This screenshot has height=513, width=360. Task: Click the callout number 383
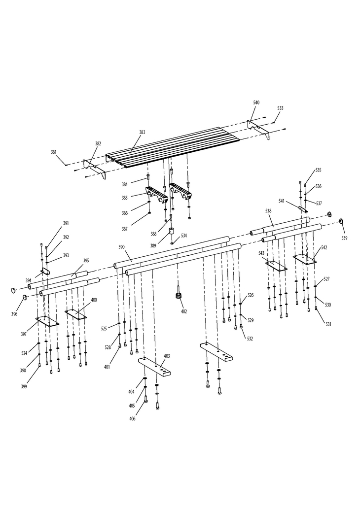[142, 132]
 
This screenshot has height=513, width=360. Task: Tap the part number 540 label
[256, 103]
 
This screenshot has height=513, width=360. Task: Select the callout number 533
[280, 108]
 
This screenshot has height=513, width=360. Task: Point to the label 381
[54, 152]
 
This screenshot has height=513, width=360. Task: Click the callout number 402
[184, 311]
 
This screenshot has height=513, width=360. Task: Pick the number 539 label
[344, 238]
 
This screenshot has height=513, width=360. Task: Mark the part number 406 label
[132, 418]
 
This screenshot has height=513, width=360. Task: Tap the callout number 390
[121, 246]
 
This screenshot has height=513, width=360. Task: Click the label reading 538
[268, 211]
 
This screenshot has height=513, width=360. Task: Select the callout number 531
[328, 324]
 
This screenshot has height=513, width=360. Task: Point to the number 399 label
[24, 386]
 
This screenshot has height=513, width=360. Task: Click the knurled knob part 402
[179, 296]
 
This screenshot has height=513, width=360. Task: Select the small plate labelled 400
[75, 313]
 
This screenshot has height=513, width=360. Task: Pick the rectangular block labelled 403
[155, 368]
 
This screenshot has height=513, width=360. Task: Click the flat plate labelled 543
[276, 266]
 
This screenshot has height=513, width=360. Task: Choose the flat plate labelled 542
[305, 258]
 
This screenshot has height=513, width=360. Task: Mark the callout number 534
[183, 236]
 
